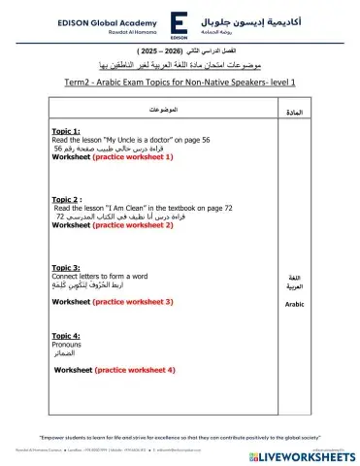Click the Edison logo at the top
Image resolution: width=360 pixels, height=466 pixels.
[x=180, y=22]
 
